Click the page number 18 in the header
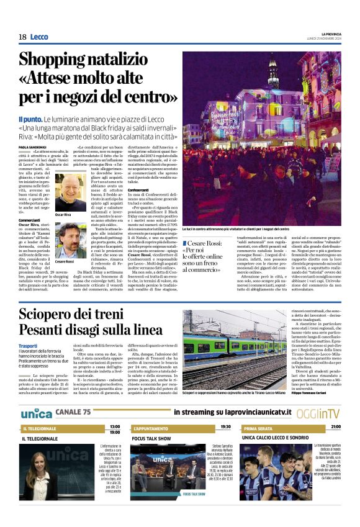click(x=22, y=37)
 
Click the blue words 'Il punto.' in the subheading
click(x=30, y=119)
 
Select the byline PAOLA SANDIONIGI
click(x=32, y=148)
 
